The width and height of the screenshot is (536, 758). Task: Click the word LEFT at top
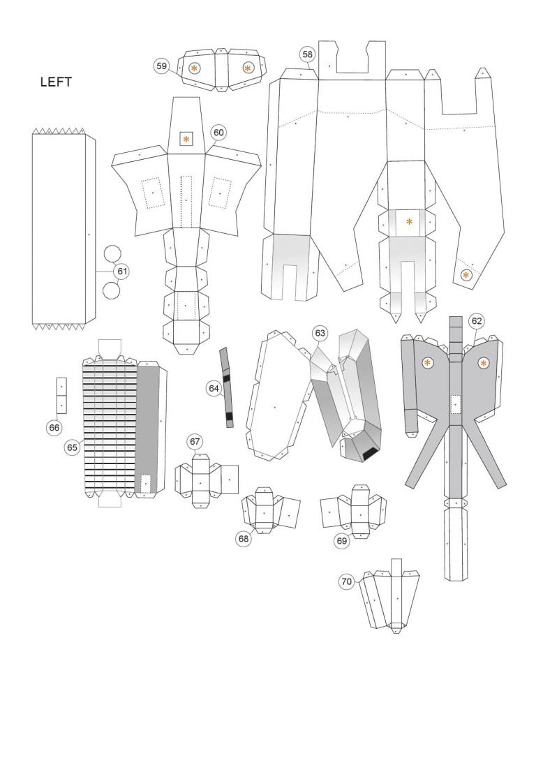pos(56,82)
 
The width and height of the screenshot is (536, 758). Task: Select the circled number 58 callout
pos(307,54)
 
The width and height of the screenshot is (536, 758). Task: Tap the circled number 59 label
pos(162,66)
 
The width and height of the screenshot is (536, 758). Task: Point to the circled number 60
pos(219,132)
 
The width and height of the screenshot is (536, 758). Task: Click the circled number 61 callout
pos(122,271)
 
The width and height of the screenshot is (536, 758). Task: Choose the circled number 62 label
pos(477,321)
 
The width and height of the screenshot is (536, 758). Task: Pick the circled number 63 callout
pos(320,333)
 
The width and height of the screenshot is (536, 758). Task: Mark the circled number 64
pos(214,388)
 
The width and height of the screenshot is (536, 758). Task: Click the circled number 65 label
pos(72,447)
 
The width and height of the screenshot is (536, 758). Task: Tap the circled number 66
pos(54,427)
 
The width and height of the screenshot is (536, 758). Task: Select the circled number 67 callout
pos(195,441)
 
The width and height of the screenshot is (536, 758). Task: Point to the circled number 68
pos(244,538)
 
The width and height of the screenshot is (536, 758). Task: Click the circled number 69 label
pos(341,540)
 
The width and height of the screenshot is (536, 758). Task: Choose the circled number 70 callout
pos(347,581)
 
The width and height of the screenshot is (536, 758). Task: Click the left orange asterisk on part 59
pos(194,68)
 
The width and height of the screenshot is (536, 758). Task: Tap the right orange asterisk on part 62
pos(484,363)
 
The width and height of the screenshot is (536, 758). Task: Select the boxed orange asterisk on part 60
pos(186,139)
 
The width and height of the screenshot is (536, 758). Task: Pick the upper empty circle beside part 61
pos(112,254)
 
